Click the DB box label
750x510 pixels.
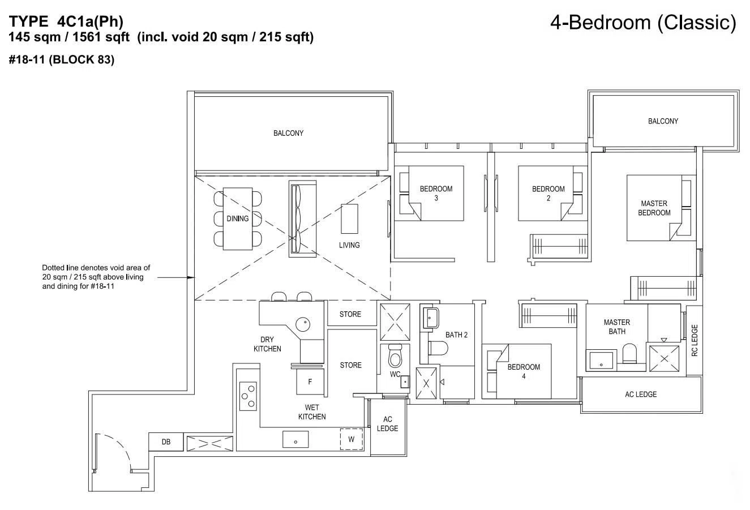pyautogui.click(x=166, y=442)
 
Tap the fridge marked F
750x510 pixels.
pyautogui.click(x=310, y=382)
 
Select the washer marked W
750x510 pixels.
pyautogui.click(x=352, y=439)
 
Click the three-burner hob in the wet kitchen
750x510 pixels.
pyautogui.click(x=248, y=396)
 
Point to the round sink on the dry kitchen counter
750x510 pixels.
pyautogui.click(x=303, y=324)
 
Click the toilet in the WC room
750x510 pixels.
pyautogui.click(x=395, y=355)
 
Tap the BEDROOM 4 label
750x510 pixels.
pyautogui.click(x=524, y=371)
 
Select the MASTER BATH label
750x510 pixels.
pyautogui.click(x=617, y=327)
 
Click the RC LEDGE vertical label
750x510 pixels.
pyautogui.click(x=695, y=340)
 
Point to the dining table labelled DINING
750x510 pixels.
pyautogui.click(x=238, y=218)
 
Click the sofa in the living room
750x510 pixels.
pyautogui.click(x=303, y=219)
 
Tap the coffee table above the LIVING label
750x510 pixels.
pyautogui.click(x=350, y=218)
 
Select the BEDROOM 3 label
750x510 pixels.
pyautogui.click(x=436, y=193)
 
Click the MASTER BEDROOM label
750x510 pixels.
pyautogui.click(x=654, y=208)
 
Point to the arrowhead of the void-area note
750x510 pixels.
pyautogui.click(x=191, y=277)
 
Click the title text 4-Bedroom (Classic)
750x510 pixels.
pyautogui.click(x=643, y=23)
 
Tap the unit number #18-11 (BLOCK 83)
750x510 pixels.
pyautogui.click(x=62, y=59)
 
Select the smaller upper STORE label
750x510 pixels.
pyautogui.click(x=350, y=314)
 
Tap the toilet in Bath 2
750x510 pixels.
pyautogui.click(x=438, y=348)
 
